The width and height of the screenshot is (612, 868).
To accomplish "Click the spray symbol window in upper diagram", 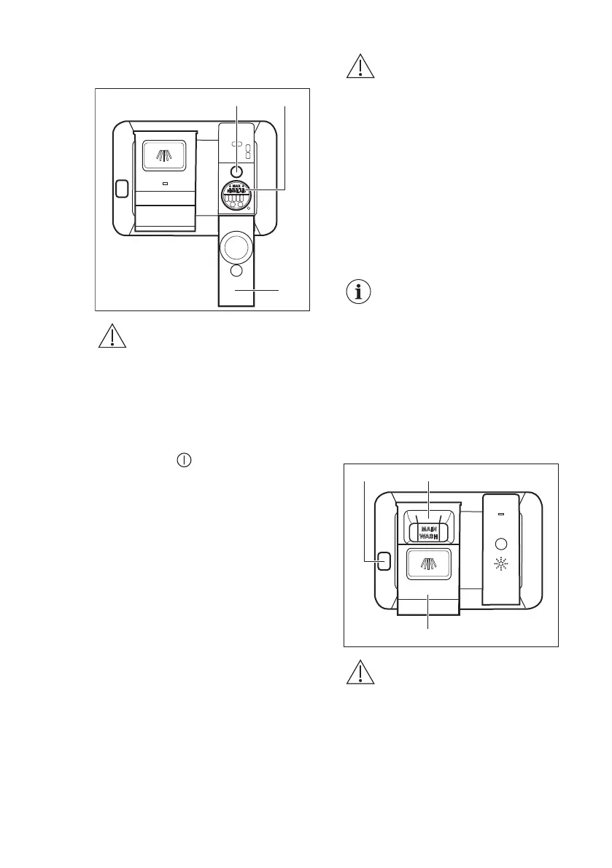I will [x=165, y=155].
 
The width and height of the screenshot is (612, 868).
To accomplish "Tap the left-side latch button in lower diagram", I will [x=384, y=560].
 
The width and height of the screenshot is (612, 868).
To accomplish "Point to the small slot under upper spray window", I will [x=165, y=184].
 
